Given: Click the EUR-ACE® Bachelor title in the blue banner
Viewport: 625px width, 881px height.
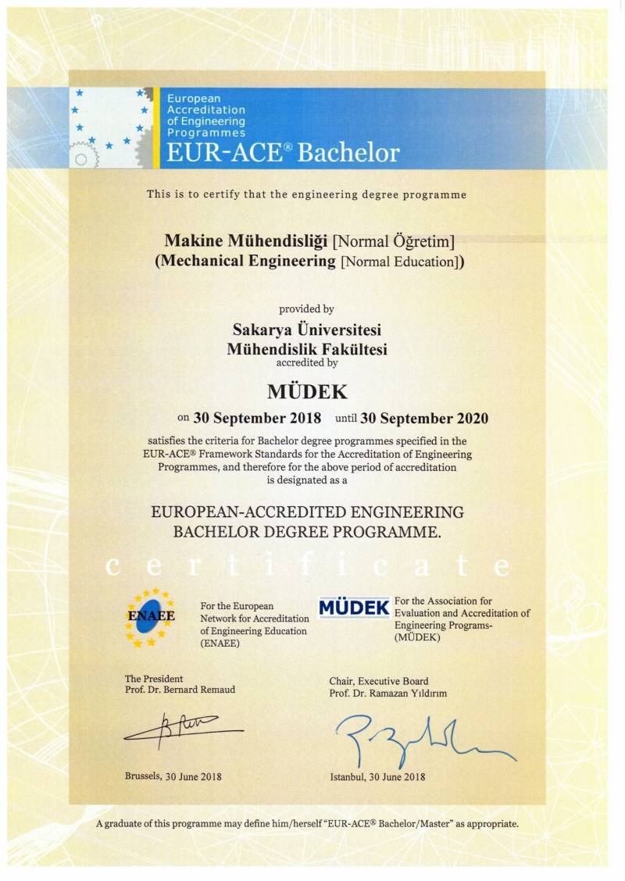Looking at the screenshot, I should [283, 152].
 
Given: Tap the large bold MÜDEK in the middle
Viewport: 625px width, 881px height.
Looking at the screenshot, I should [306, 390].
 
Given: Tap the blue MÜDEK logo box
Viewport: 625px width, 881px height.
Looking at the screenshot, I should [354, 608].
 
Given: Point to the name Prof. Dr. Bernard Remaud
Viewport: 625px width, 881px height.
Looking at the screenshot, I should [180, 690].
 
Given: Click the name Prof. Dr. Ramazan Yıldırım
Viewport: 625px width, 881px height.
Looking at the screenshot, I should [388, 694].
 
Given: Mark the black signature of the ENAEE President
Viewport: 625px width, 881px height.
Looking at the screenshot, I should [184, 729].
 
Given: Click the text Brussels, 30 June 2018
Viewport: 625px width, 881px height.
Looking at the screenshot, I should [173, 776].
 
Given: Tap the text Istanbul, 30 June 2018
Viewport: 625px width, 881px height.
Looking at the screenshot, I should [377, 776].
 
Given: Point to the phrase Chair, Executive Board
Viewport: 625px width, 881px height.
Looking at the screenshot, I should [378, 681].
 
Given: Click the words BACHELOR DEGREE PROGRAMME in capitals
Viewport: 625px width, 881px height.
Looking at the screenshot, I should [306, 533].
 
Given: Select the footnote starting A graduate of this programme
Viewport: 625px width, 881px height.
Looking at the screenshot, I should [306, 823].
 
